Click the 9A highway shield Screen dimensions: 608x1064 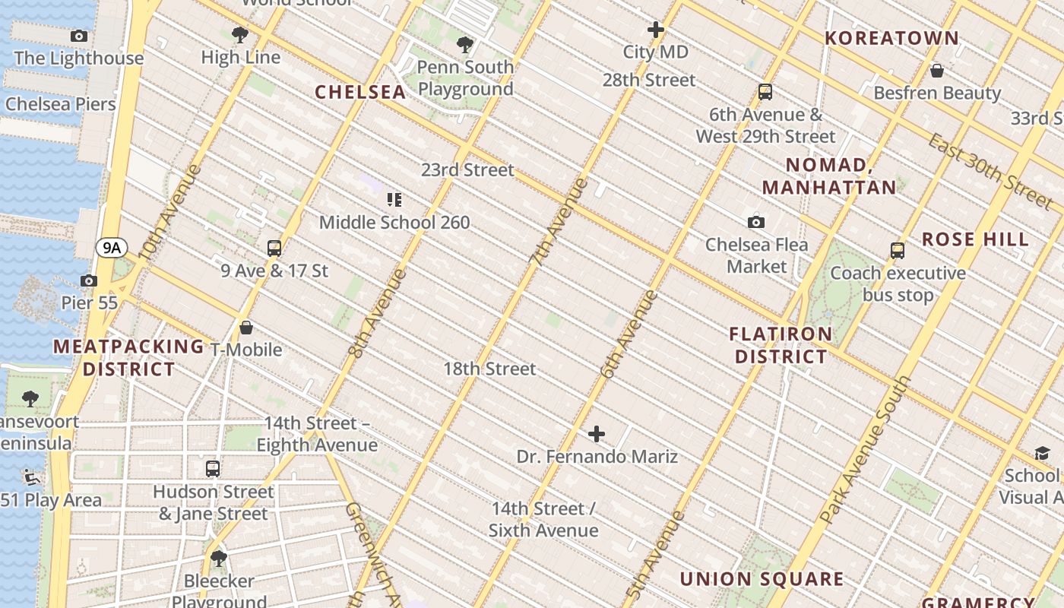112,247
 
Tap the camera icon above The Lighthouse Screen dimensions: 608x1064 78,36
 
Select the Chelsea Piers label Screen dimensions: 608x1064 61,104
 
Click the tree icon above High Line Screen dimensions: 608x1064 239,34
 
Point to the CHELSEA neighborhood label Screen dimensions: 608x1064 360,92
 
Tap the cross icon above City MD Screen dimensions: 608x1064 655,30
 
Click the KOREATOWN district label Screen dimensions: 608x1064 891,38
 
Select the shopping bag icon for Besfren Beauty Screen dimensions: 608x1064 937,71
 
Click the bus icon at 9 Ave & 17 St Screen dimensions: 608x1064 274,248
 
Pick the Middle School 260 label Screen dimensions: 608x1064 394,223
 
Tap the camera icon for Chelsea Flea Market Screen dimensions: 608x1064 755,222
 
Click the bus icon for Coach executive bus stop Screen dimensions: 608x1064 898,250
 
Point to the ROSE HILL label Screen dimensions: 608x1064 975,239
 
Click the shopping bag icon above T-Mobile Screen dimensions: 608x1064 246,328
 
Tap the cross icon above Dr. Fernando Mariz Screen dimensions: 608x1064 597,434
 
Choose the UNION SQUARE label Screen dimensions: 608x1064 761,579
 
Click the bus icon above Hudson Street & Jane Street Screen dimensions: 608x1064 213,469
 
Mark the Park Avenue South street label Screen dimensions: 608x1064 866,451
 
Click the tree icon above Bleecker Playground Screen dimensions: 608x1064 219,559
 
